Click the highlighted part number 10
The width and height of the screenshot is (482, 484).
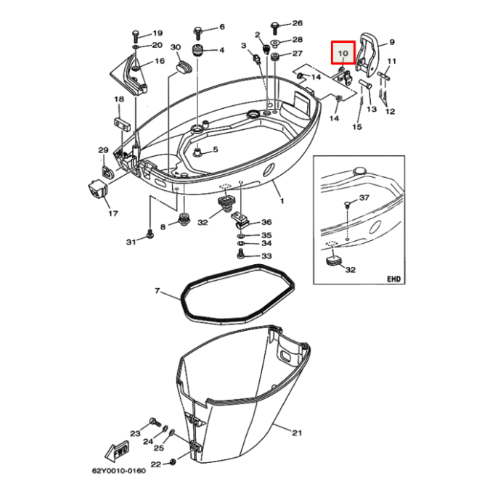point(343,53)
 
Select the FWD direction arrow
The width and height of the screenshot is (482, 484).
point(117,451)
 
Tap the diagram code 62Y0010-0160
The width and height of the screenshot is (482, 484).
point(119,471)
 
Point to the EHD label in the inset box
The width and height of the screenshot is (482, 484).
point(393,279)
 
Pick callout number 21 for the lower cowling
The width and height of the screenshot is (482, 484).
point(297,432)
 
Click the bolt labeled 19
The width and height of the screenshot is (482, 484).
point(136,36)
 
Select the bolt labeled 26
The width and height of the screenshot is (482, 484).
point(274,28)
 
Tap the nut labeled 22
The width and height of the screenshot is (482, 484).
point(173,462)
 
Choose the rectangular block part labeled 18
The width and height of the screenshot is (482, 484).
point(122,123)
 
